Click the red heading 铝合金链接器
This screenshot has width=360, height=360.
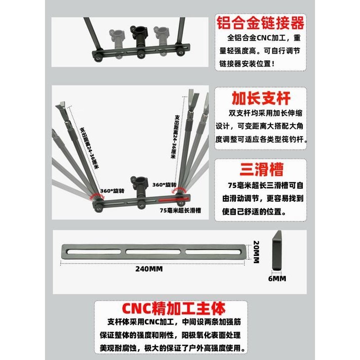point(261,22)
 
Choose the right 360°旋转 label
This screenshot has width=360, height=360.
point(165,185)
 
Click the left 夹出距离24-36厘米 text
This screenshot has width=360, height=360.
point(90,149)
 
